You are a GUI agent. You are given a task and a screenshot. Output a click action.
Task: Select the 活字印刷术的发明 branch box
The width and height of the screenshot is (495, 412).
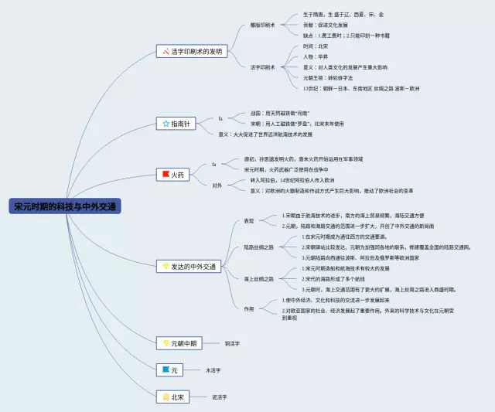click(x=193, y=52)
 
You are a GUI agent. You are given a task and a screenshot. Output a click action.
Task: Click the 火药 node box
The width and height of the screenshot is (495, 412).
click(x=173, y=175)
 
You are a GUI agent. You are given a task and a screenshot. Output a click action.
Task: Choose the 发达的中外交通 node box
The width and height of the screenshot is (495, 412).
click(x=189, y=267)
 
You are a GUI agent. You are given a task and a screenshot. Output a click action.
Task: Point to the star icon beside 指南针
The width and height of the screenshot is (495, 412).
click(x=165, y=124)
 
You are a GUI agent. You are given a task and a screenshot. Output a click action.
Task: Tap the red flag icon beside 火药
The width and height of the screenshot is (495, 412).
click(x=165, y=175)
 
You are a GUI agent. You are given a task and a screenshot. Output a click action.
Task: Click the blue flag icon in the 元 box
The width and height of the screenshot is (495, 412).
click(x=165, y=370)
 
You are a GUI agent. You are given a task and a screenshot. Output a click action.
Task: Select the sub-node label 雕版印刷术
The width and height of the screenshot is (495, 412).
click(x=262, y=25)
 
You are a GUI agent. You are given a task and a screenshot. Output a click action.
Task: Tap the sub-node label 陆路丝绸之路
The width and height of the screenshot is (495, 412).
click(x=258, y=247)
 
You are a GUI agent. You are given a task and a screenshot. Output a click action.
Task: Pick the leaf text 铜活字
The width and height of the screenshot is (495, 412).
click(x=232, y=342)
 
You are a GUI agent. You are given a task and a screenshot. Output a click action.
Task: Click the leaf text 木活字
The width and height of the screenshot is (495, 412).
click(x=213, y=370)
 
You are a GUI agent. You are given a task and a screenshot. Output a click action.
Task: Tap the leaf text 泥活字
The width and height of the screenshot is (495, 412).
click(x=219, y=397)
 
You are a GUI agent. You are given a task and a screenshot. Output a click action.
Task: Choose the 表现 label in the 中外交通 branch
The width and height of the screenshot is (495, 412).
click(x=248, y=220)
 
